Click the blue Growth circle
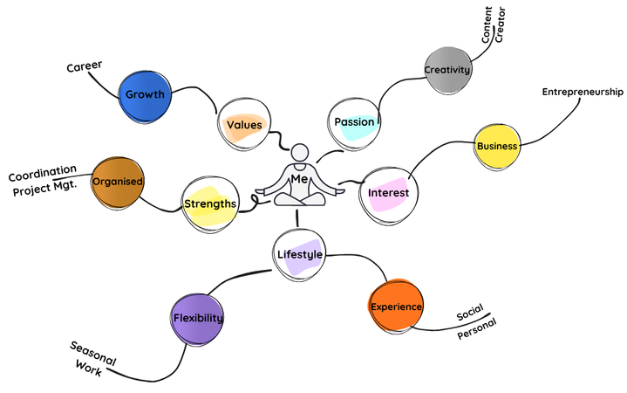(x=145, y=93)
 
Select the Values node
(x=244, y=125)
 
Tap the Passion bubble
(x=354, y=121)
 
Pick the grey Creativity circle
(x=447, y=70)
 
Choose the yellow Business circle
(x=497, y=146)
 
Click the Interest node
(x=388, y=192)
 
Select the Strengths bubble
(x=210, y=203)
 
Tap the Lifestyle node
(x=299, y=254)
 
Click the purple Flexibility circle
(x=198, y=318)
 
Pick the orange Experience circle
(x=397, y=307)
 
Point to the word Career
(x=85, y=66)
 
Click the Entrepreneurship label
(x=583, y=92)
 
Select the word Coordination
(x=43, y=173)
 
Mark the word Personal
(x=476, y=329)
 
